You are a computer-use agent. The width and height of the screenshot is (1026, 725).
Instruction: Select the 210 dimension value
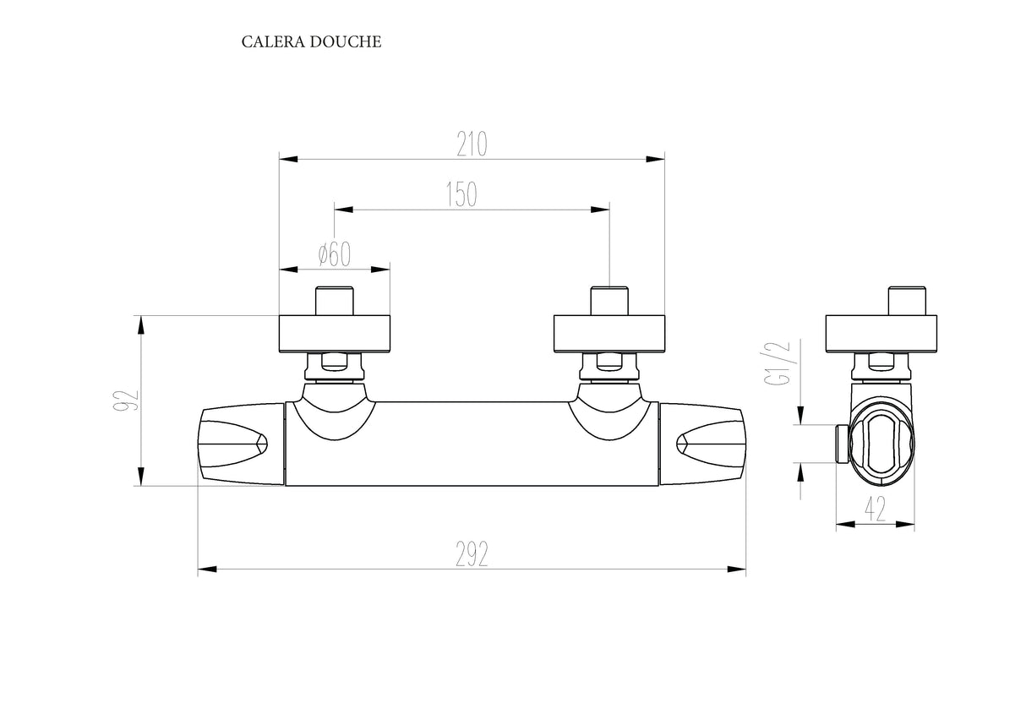coord(472,144)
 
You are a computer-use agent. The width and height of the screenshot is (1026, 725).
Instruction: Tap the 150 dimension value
coord(461,194)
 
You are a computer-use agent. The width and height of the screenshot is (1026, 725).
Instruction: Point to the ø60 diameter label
coord(335,254)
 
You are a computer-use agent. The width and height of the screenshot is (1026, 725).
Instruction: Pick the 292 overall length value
coord(472,554)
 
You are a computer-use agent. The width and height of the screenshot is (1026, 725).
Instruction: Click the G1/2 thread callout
coord(778,363)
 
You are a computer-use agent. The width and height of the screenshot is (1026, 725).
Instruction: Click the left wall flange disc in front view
coord(335,333)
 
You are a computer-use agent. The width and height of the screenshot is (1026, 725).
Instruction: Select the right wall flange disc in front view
coord(609,333)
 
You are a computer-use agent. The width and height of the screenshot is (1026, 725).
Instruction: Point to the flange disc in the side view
coord(881,333)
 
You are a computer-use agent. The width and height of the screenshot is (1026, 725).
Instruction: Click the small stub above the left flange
coord(335,302)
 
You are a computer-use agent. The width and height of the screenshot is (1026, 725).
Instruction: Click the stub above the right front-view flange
coord(609,302)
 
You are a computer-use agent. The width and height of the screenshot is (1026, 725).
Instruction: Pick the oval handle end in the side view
coord(882,443)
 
